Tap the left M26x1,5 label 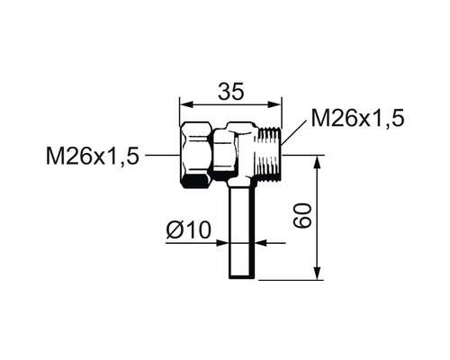[93, 157]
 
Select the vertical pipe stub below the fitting [239, 229]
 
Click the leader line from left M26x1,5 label [162, 157]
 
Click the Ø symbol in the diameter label [174, 231]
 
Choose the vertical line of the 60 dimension [318, 216]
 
